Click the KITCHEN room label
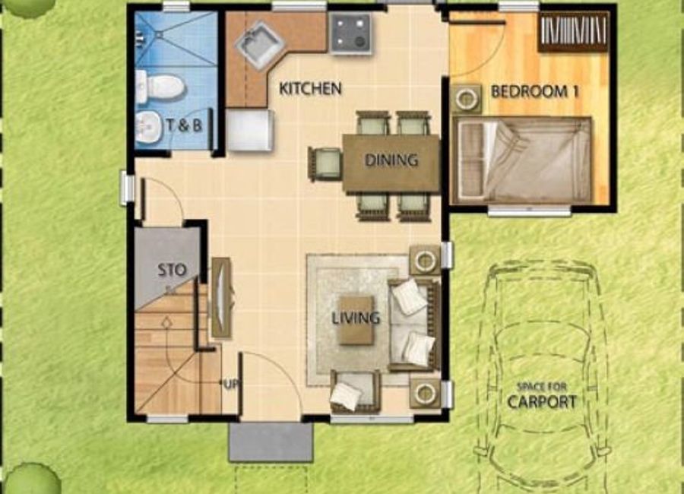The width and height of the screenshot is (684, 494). coord(310,89)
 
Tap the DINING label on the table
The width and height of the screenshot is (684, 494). coord(391,160)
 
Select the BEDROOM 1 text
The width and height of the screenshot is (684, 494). coord(535,92)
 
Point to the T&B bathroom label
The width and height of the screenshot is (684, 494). coord(185,125)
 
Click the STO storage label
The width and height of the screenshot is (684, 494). coord(172,270)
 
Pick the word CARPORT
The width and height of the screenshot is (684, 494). coord(542,401)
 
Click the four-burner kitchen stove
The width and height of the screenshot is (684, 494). coord(351,34)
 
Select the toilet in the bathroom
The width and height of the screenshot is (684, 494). coord(160,87)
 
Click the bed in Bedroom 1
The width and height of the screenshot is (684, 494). coord(521,160)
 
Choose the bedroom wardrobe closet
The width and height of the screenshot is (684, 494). coord(573,31)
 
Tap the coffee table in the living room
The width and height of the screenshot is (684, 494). coord(356,320)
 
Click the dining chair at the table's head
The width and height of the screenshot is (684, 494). coord(325,163)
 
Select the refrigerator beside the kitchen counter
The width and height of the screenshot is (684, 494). coord(250,130)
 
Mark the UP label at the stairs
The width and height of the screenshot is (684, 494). coord(231,385)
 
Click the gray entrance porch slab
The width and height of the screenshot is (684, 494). coord(271,442)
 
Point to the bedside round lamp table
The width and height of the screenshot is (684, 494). coord(467,99)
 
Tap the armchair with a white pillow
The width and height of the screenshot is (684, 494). coord(355,391)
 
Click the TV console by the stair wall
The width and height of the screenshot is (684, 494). coord(222,297)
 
